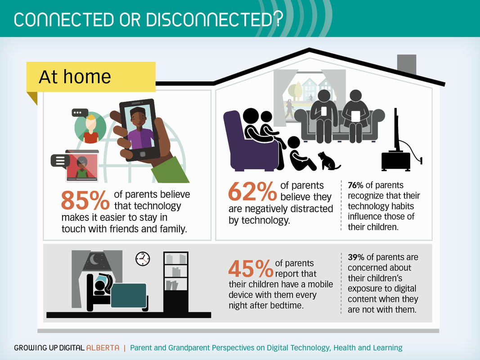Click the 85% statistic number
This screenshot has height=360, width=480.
point(85,200)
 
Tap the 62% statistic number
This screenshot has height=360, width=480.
point(252,191)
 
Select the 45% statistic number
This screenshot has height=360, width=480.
point(251,269)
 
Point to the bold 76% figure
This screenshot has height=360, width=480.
point(355,185)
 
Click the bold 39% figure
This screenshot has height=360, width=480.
point(356,257)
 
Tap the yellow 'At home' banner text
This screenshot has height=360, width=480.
point(75,76)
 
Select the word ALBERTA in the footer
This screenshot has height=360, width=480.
point(103,348)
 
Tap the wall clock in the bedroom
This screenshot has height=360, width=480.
point(143,259)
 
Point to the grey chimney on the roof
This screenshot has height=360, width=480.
point(407,65)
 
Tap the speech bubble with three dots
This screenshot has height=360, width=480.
point(80,113)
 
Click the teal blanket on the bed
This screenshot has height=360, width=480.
point(129,295)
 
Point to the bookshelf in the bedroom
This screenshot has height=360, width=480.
point(176,282)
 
